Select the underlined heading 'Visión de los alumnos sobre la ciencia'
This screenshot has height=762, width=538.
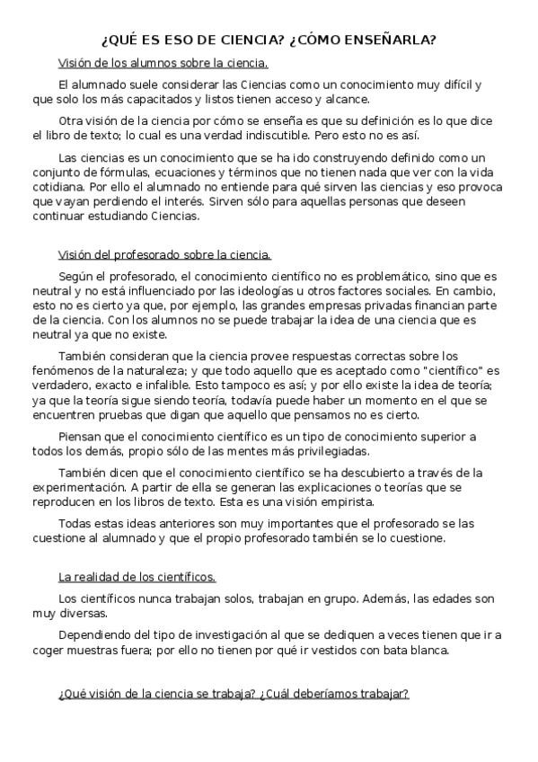point(163,63)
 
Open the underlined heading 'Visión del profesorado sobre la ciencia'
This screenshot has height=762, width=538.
point(164,254)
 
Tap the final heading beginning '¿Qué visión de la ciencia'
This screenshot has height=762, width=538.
point(234,694)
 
